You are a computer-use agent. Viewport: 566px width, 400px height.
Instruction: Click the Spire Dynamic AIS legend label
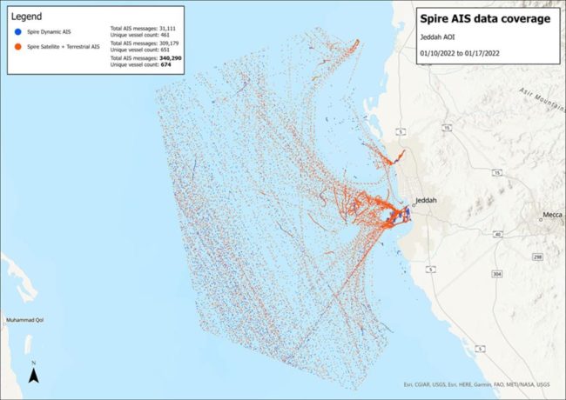click(51, 31)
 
